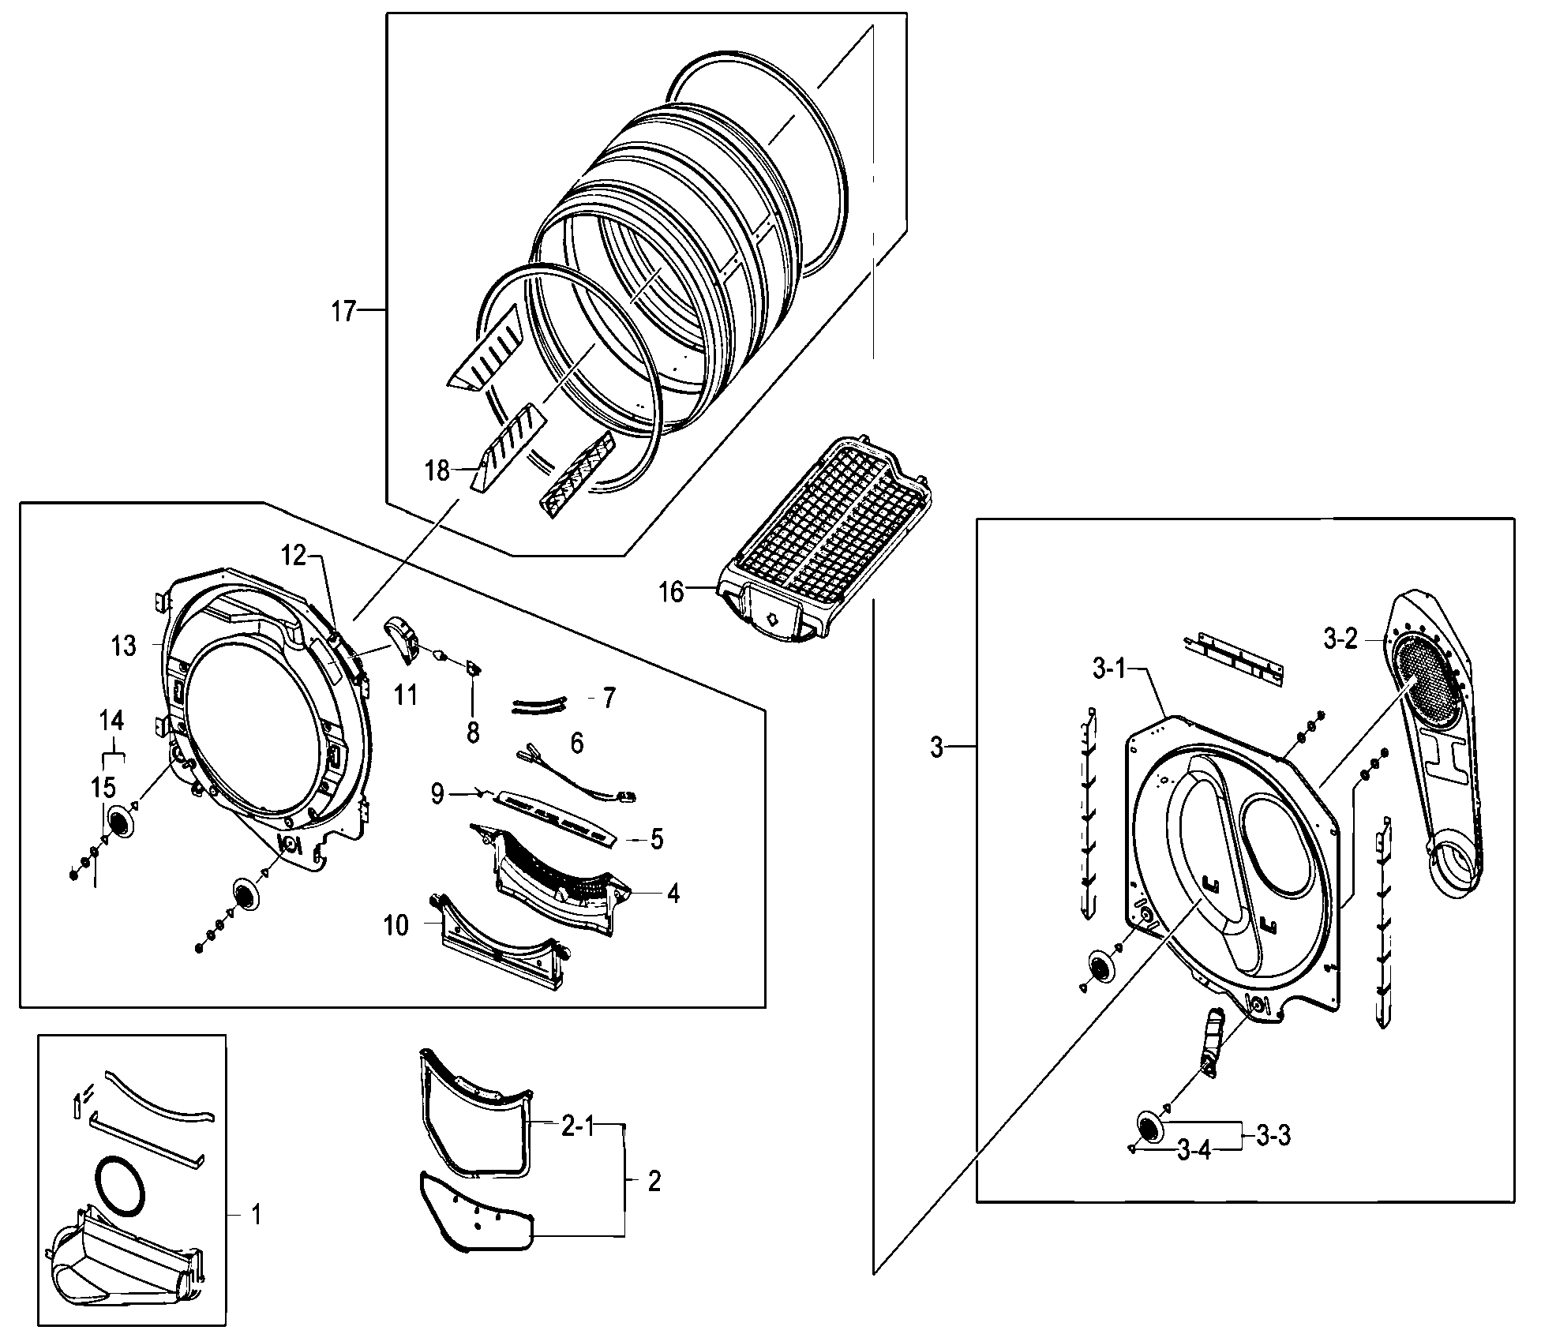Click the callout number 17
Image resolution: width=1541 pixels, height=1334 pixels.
343,312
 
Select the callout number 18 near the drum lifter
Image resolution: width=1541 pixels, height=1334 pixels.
437,471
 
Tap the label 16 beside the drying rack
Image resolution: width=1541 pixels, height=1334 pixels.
671,592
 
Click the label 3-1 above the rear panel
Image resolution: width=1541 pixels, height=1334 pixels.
1108,669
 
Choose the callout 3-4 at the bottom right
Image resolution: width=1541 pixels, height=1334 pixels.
1193,1151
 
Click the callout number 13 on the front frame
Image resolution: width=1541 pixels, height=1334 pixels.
124,646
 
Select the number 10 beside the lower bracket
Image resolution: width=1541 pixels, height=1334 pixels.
396,925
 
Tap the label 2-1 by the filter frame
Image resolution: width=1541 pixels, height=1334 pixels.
577,1127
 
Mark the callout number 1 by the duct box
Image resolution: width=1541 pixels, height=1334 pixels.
255,1214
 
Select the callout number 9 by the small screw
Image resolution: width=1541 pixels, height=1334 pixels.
437,793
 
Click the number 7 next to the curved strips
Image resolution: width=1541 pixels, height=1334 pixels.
609,699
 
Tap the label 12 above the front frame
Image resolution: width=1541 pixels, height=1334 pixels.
294,556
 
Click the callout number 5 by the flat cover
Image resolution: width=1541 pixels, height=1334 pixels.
657,839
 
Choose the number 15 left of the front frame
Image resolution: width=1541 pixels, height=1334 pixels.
103,787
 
